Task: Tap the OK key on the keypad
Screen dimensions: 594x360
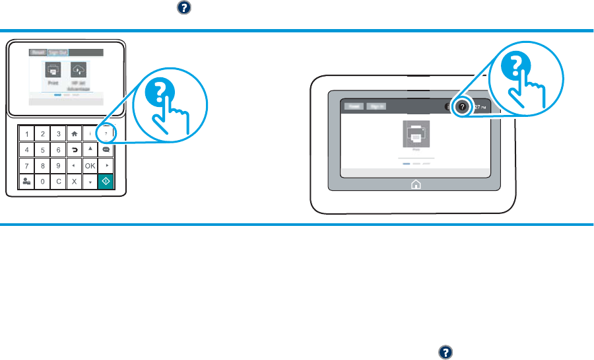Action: [x=89, y=165]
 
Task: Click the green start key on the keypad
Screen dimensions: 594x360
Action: [x=106, y=182]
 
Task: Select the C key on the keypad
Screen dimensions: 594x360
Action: [x=58, y=182]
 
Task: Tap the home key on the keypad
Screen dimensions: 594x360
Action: [x=74, y=134]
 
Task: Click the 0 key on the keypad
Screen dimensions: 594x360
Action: [x=42, y=182]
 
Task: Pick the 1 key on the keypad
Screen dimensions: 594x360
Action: [x=26, y=134]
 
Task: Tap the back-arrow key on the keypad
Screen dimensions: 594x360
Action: [x=74, y=150]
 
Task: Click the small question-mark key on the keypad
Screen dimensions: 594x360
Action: [x=106, y=134]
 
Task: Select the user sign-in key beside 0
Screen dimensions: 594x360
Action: [x=26, y=182]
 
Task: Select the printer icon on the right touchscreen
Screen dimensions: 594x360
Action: [x=416, y=135]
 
